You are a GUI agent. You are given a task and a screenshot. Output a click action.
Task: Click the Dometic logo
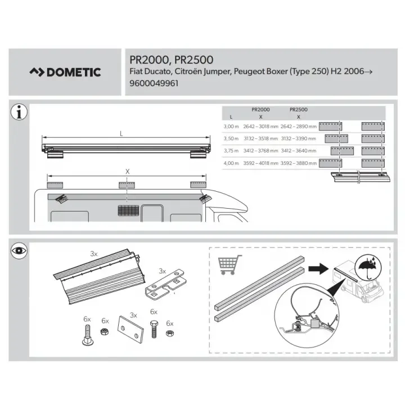(x=65, y=72)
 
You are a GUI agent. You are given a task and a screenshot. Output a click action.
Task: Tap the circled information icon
(x=19, y=112)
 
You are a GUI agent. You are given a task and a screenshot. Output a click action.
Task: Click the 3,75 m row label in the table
(x=231, y=151)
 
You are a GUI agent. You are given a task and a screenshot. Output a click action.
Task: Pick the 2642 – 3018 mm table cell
(x=260, y=127)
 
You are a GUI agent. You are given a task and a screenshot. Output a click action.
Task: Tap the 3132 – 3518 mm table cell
(x=260, y=138)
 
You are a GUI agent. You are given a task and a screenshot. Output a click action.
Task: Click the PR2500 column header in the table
(x=298, y=109)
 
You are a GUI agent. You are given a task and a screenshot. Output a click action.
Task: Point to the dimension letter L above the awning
(x=121, y=134)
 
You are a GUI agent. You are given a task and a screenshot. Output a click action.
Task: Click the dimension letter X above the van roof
(x=128, y=171)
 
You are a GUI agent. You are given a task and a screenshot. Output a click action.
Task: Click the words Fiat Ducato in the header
(x=150, y=71)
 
